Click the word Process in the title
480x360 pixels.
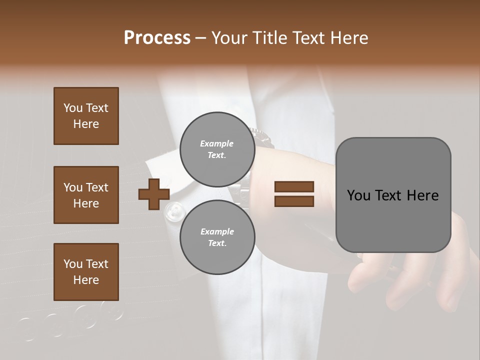point(157,38)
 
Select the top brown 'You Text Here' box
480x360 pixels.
point(86,116)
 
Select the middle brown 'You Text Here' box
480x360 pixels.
point(86,195)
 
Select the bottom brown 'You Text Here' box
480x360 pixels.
point(86,272)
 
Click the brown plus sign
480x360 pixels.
point(154,194)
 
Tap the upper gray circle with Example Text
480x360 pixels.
point(217,149)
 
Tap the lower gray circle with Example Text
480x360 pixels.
point(217,237)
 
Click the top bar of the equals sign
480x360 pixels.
point(294,187)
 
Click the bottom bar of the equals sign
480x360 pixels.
point(294,201)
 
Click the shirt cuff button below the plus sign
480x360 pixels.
point(175,210)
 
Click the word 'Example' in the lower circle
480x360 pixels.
point(217,231)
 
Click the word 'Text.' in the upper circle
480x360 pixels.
point(217,155)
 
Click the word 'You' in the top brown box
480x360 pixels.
point(72,108)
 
